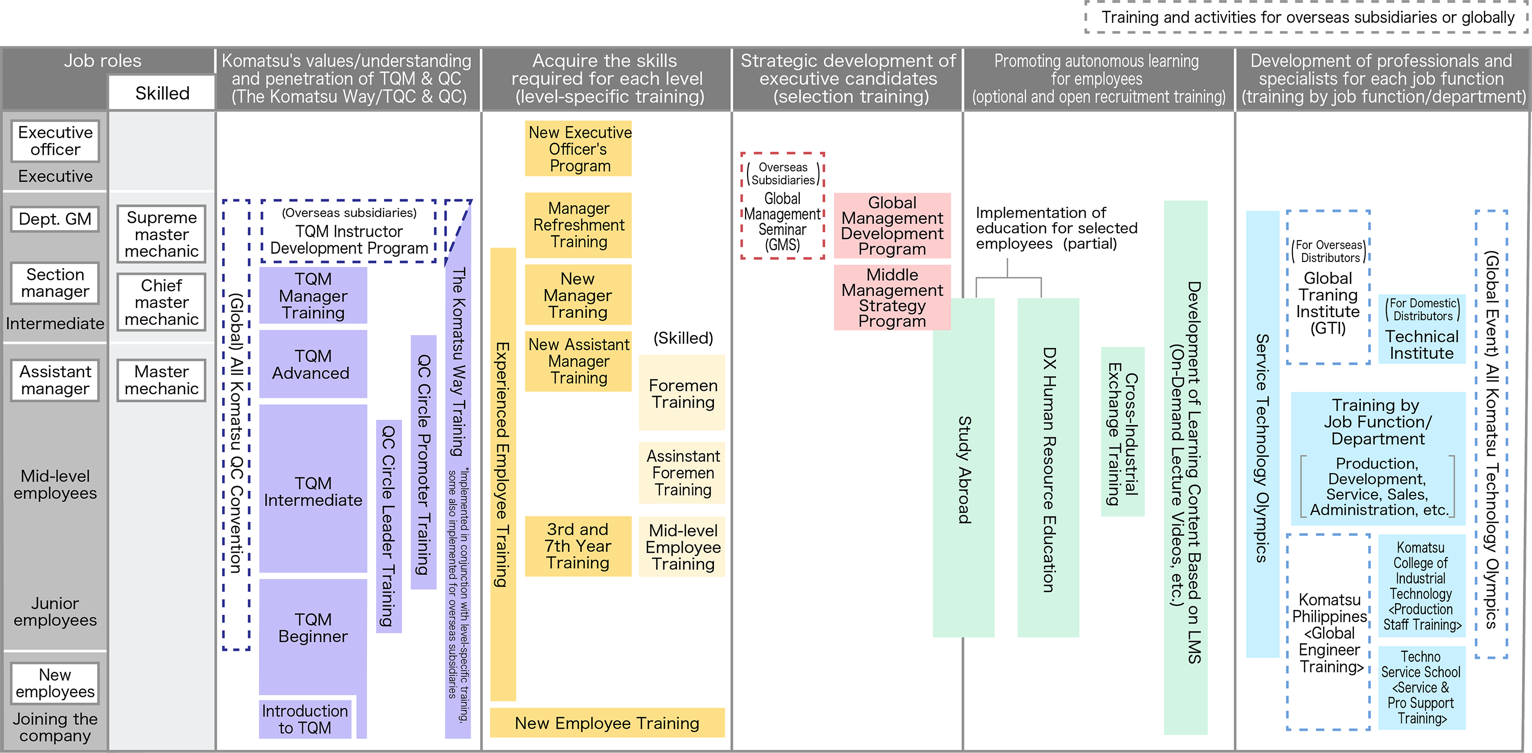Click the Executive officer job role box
tap(55, 141)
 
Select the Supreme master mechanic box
tap(161, 234)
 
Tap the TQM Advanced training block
tap(313, 364)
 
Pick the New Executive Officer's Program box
tap(578, 149)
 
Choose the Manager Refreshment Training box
tap(578, 225)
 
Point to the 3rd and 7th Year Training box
tap(578, 546)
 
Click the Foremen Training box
tap(682, 393)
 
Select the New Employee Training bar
tap(607, 723)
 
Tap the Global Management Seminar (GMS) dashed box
tap(783, 206)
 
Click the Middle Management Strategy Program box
tap(892, 297)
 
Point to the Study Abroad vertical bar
tap(964, 467)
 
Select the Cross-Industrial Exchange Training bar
tap(1122, 432)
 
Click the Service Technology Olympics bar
tap(1262, 434)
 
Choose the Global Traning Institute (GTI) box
tap(1328, 287)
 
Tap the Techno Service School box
tap(1421, 688)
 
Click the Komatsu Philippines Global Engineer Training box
tap(1329, 632)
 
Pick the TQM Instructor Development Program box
tap(349, 231)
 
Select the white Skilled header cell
tap(162, 93)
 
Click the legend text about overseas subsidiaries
tap(1307, 17)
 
